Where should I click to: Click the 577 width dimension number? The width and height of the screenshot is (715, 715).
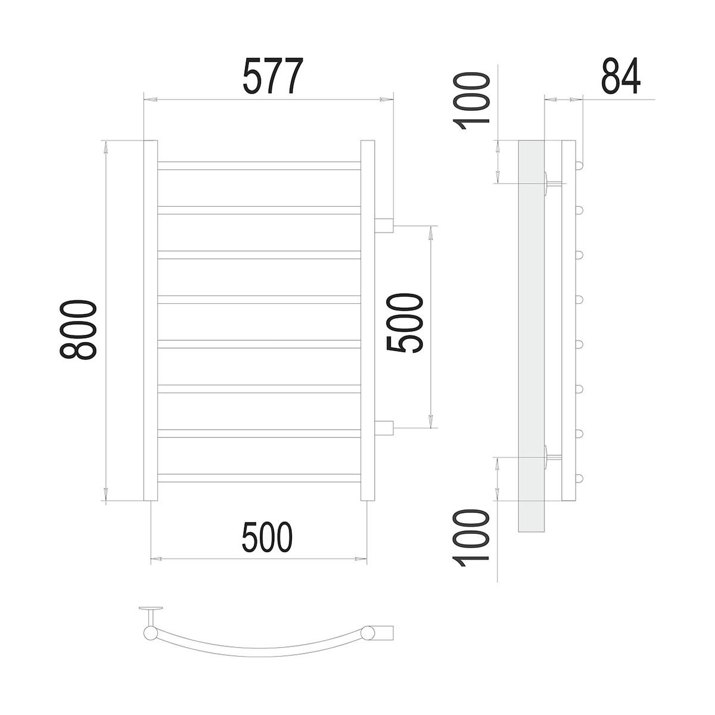273,76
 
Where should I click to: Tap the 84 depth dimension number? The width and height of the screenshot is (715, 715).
621,76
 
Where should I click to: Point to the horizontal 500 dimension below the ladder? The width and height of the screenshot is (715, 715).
267,537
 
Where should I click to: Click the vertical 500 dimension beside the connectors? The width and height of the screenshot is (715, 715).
405,323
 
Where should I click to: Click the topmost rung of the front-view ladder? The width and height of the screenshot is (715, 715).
259,166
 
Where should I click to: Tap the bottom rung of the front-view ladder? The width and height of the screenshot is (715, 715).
259,478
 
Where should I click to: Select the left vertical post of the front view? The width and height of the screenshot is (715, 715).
151,321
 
